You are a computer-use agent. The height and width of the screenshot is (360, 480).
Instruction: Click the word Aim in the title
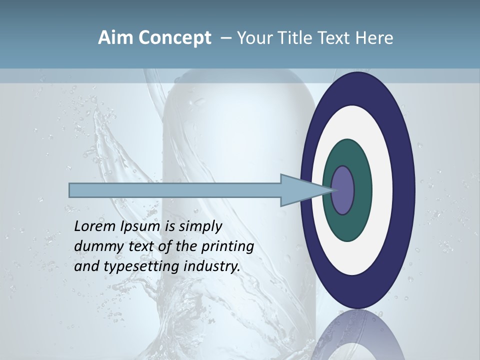(x=116, y=38)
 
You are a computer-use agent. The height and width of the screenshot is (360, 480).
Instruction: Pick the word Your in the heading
(x=254, y=38)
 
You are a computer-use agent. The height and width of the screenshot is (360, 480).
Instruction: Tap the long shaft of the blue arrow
(x=175, y=190)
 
